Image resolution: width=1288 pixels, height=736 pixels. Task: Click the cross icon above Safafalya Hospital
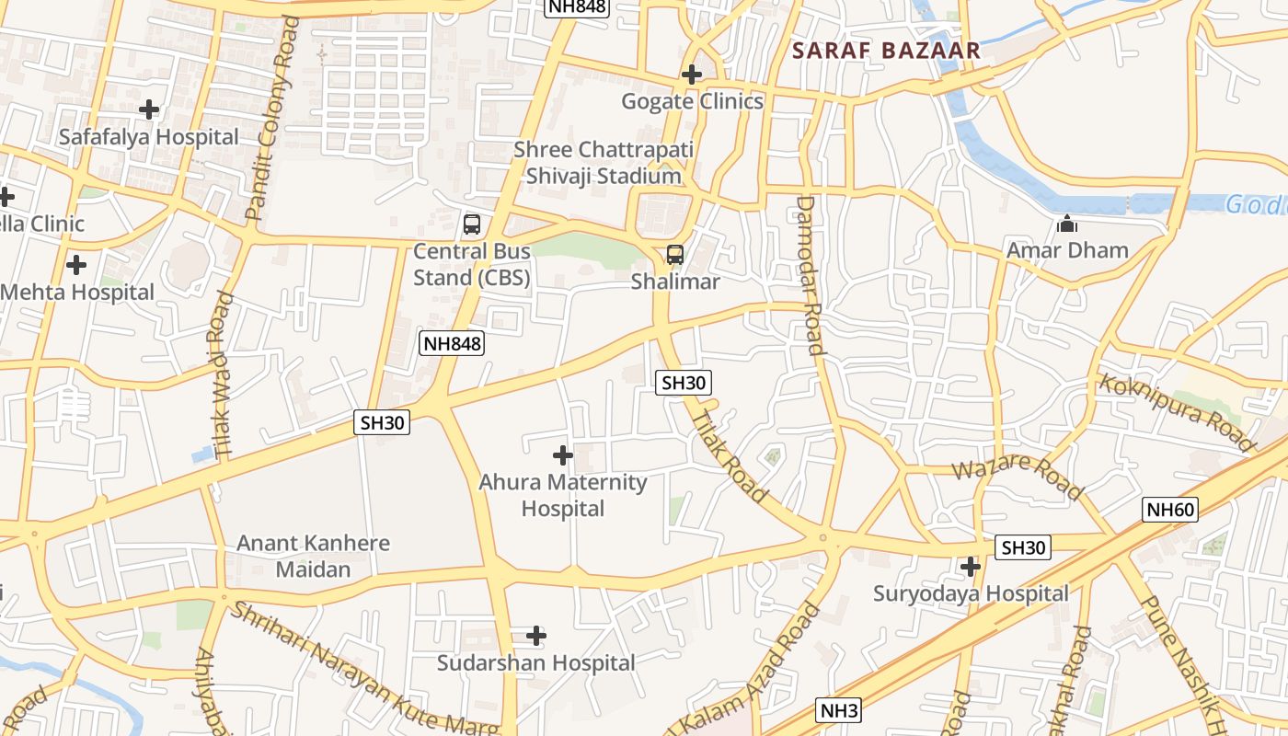pyautogui.click(x=148, y=110)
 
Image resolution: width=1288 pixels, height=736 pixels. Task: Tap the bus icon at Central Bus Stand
pyautogui.click(x=471, y=224)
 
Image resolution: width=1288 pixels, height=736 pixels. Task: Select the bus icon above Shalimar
pyautogui.click(x=675, y=255)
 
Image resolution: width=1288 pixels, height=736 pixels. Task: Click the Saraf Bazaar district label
pyautogui.click(x=887, y=51)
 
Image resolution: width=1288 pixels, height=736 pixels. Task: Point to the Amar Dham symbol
pyautogui.click(x=1067, y=224)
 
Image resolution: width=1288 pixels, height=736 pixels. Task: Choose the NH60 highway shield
pyautogui.click(x=1170, y=509)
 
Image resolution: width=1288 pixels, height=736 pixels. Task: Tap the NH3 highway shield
pyautogui.click(x=838, y=710)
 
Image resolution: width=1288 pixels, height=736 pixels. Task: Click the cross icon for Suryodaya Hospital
pyautogui.click(x=970, y=567)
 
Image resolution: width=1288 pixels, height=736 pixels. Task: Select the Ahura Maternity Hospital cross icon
pyautogui.click(x=563, y=455)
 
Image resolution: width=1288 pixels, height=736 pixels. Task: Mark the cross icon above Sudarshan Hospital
pyautogui.click(x=536, y=636)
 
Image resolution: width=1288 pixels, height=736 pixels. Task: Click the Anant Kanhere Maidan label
pyautogui.click(x=314, y=556)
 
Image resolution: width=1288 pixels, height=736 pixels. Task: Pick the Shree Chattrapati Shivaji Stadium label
pyautogui.click(x=604, y=163)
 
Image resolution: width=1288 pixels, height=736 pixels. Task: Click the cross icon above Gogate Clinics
pyautogui.click(x=692, y=75)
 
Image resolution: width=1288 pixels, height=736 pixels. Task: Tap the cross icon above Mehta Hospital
pyautogui.click(x=76, y=266)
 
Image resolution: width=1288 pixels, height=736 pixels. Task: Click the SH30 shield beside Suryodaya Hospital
pyautogui.click(x=1023, y=548)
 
